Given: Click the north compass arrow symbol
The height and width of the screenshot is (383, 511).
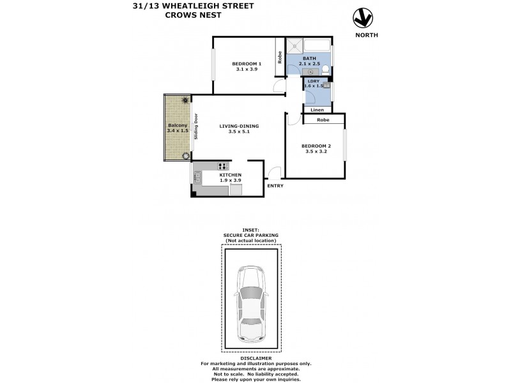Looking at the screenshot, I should [x=363, y=19].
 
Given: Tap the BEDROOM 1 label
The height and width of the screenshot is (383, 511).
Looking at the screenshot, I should [x=247, y=63].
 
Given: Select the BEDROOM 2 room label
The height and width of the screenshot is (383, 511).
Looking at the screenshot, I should [x=316, y=146].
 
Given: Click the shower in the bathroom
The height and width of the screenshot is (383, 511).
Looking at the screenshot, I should [x=294, y=46].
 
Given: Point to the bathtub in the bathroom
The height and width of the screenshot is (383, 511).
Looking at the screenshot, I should [x=317, y=46].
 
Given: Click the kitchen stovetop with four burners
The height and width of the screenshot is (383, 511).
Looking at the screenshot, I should [x=223, y=167].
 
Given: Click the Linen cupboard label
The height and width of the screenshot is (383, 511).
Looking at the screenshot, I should [x=317, y=110].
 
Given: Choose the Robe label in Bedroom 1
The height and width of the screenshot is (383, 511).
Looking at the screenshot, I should [x=280, y=57].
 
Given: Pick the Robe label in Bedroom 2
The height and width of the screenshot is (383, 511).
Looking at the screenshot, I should [x=323, y=119].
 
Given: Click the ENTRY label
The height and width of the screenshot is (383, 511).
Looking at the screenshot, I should [x=275, y=186].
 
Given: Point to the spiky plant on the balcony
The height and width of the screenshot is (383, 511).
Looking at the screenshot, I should [x=185, y=100].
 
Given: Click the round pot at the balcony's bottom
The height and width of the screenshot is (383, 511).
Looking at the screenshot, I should [x=186, y=155].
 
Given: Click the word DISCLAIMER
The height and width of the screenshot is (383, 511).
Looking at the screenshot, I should [x=251, y=358].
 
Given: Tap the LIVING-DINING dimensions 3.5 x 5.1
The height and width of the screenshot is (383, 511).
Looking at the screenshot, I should [x=234, y=132].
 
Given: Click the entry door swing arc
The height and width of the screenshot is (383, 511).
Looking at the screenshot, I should [x=274, y=172].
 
